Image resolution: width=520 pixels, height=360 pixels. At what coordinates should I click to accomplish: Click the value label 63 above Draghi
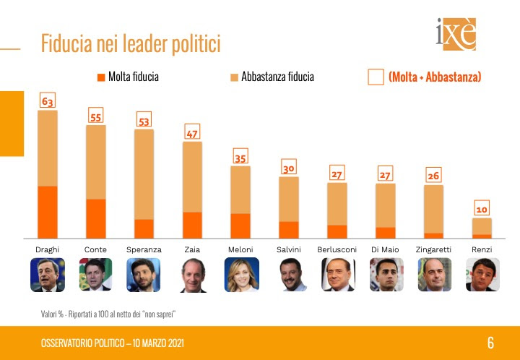[48, 101]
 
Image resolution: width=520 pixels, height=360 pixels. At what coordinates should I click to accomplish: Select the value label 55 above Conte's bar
[96, 116]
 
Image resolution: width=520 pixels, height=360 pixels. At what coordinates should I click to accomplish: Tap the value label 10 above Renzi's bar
[482, 209]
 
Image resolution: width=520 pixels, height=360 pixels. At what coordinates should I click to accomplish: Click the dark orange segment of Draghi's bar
[48, 212]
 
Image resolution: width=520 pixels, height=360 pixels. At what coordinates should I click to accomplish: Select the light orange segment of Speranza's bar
[144, 174]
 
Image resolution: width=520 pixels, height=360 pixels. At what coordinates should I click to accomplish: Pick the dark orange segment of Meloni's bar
[241, 226]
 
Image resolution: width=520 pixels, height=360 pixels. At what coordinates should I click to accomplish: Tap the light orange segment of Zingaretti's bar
[433, 209]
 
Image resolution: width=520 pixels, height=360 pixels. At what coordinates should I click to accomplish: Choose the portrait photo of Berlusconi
[338, 275]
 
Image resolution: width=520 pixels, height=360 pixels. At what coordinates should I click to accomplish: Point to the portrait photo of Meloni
[241, 275]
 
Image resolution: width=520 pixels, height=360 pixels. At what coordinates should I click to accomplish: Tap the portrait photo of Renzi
[482, 275]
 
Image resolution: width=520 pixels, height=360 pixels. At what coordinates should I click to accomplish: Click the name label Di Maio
[386, 249]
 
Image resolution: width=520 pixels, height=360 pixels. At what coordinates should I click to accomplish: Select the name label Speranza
[144, 249]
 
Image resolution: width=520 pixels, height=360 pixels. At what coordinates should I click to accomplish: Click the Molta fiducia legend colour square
[100, 77]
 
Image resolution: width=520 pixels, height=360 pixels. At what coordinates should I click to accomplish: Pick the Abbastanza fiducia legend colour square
[233, 77]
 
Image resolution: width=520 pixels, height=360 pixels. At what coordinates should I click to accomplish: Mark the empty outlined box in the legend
[376, 77]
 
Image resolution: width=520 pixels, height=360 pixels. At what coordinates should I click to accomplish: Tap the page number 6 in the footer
[490, 343]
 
